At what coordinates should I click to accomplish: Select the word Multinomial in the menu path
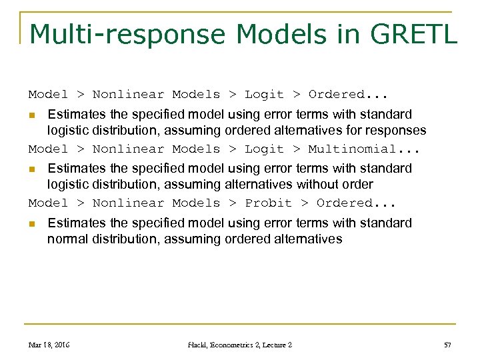pos(351,149)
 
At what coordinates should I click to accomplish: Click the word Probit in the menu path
pos(268,203)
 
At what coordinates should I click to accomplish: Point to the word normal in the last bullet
pos(67,239)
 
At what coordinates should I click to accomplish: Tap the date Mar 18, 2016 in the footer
pos(49,345)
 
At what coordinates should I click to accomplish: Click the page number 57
pos(447,345)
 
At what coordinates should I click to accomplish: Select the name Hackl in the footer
pos(198,345)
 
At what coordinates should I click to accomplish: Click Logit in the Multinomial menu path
pos(264,149)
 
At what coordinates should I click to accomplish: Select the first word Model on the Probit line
pos(48,203)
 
